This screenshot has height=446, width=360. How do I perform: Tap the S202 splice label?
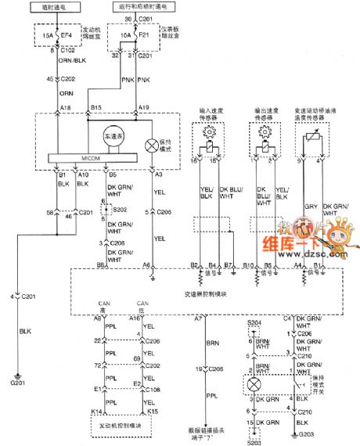[120, 210]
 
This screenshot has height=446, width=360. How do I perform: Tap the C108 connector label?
[161, 387]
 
